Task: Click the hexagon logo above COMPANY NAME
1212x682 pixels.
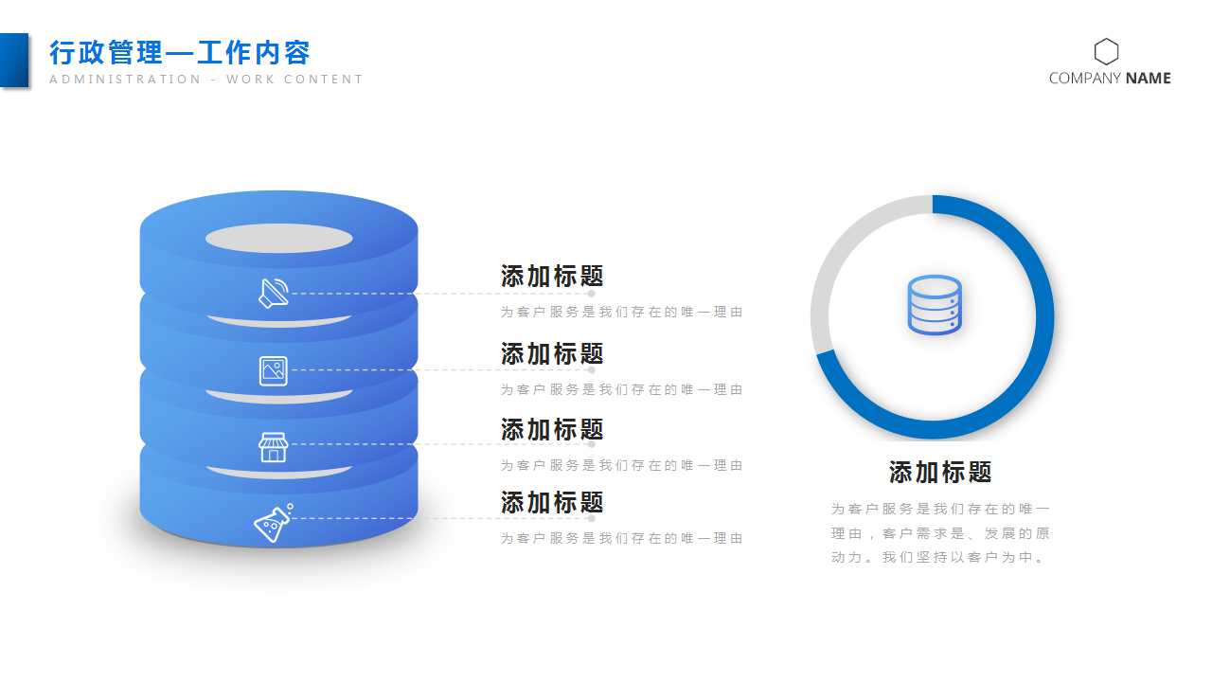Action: tap(1106, 51)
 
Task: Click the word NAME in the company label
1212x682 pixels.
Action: tap(1149, 79)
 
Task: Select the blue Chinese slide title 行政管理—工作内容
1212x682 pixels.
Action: tap(180, 52)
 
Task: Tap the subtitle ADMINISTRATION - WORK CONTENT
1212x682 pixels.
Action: tap(206, 80)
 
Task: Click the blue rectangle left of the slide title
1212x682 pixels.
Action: tap(14, 60)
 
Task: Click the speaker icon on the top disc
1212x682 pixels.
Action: tap(273, 294)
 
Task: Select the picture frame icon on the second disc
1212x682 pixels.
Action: tap(273, 370)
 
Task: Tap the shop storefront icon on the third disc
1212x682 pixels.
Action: tap(273, 446)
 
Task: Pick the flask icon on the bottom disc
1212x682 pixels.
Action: tap(273, 524)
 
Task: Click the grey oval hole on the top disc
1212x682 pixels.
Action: tap(278, 239)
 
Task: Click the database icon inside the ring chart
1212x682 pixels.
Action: tap(934, 305)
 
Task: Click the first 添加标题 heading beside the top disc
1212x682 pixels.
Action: tap(552, 277)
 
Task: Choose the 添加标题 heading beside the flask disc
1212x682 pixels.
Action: tap(552, 502)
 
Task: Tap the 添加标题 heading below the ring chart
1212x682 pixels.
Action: tap(940, 472)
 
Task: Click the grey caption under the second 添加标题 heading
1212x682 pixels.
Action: tap(621, 389)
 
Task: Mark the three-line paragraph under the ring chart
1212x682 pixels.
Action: tap(940, 533)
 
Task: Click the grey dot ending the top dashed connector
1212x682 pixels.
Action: tap(591, 294)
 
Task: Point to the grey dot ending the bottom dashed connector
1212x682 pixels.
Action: tap(591, 518)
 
